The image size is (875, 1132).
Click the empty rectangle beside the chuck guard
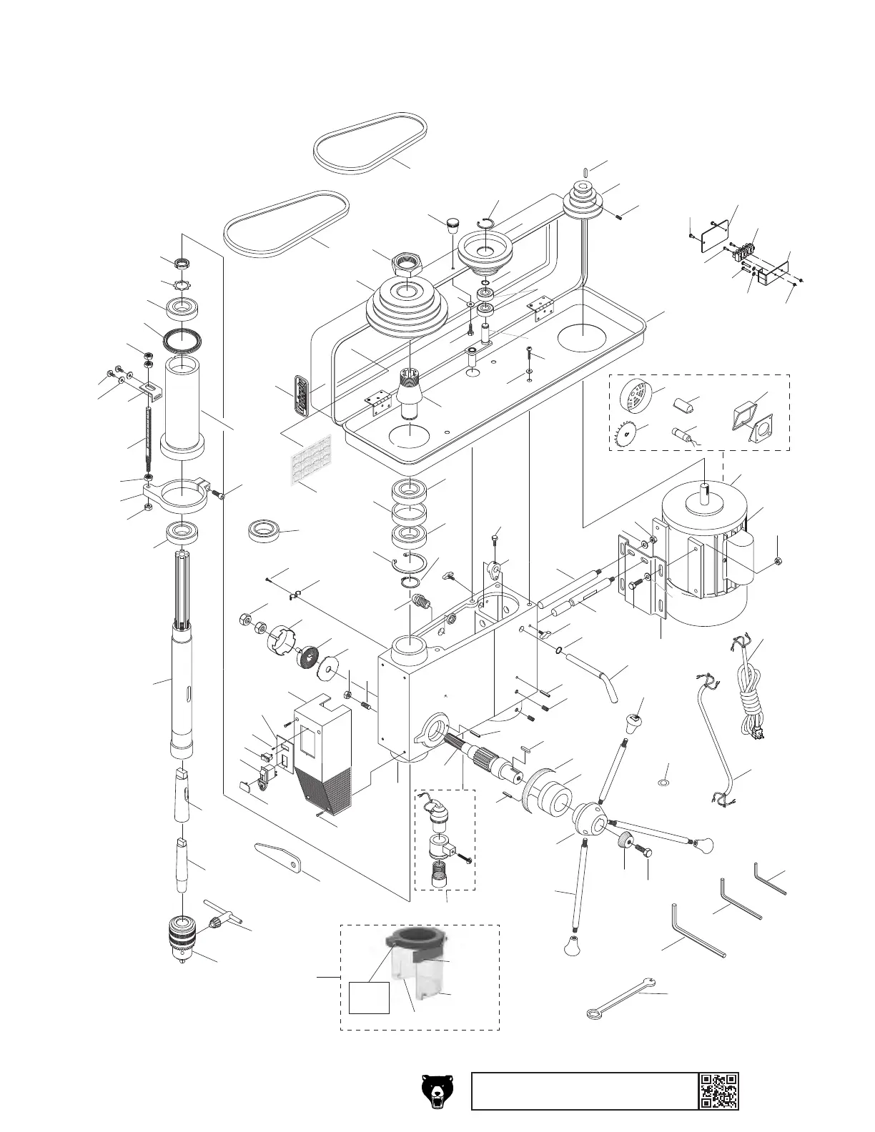point(369,997)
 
